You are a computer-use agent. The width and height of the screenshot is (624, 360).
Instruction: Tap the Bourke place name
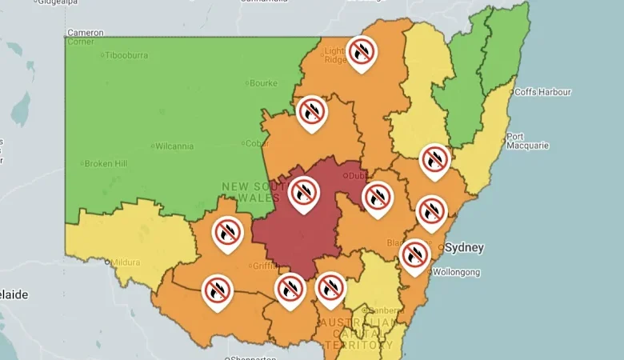[263, 82]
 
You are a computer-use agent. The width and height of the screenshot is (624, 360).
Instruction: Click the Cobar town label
[256, 143]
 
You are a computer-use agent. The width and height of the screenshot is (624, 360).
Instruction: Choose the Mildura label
[126, 262]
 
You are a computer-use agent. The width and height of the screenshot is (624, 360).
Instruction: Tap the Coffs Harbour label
[543, 92]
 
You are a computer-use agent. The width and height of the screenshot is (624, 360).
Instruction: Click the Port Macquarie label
[526, 141]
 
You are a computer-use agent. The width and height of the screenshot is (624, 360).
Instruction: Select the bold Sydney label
[464, 247]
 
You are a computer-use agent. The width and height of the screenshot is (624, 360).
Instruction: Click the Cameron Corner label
[85, 37]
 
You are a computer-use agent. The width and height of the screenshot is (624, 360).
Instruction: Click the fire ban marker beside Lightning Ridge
[362, 51]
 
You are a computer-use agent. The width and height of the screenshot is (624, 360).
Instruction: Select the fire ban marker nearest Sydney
[414, 254]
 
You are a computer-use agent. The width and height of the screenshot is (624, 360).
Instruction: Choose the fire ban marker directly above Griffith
[228, 233]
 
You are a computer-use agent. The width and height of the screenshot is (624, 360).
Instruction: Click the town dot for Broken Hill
[82, 163]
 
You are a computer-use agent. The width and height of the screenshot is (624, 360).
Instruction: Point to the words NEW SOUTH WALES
[251, 192]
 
